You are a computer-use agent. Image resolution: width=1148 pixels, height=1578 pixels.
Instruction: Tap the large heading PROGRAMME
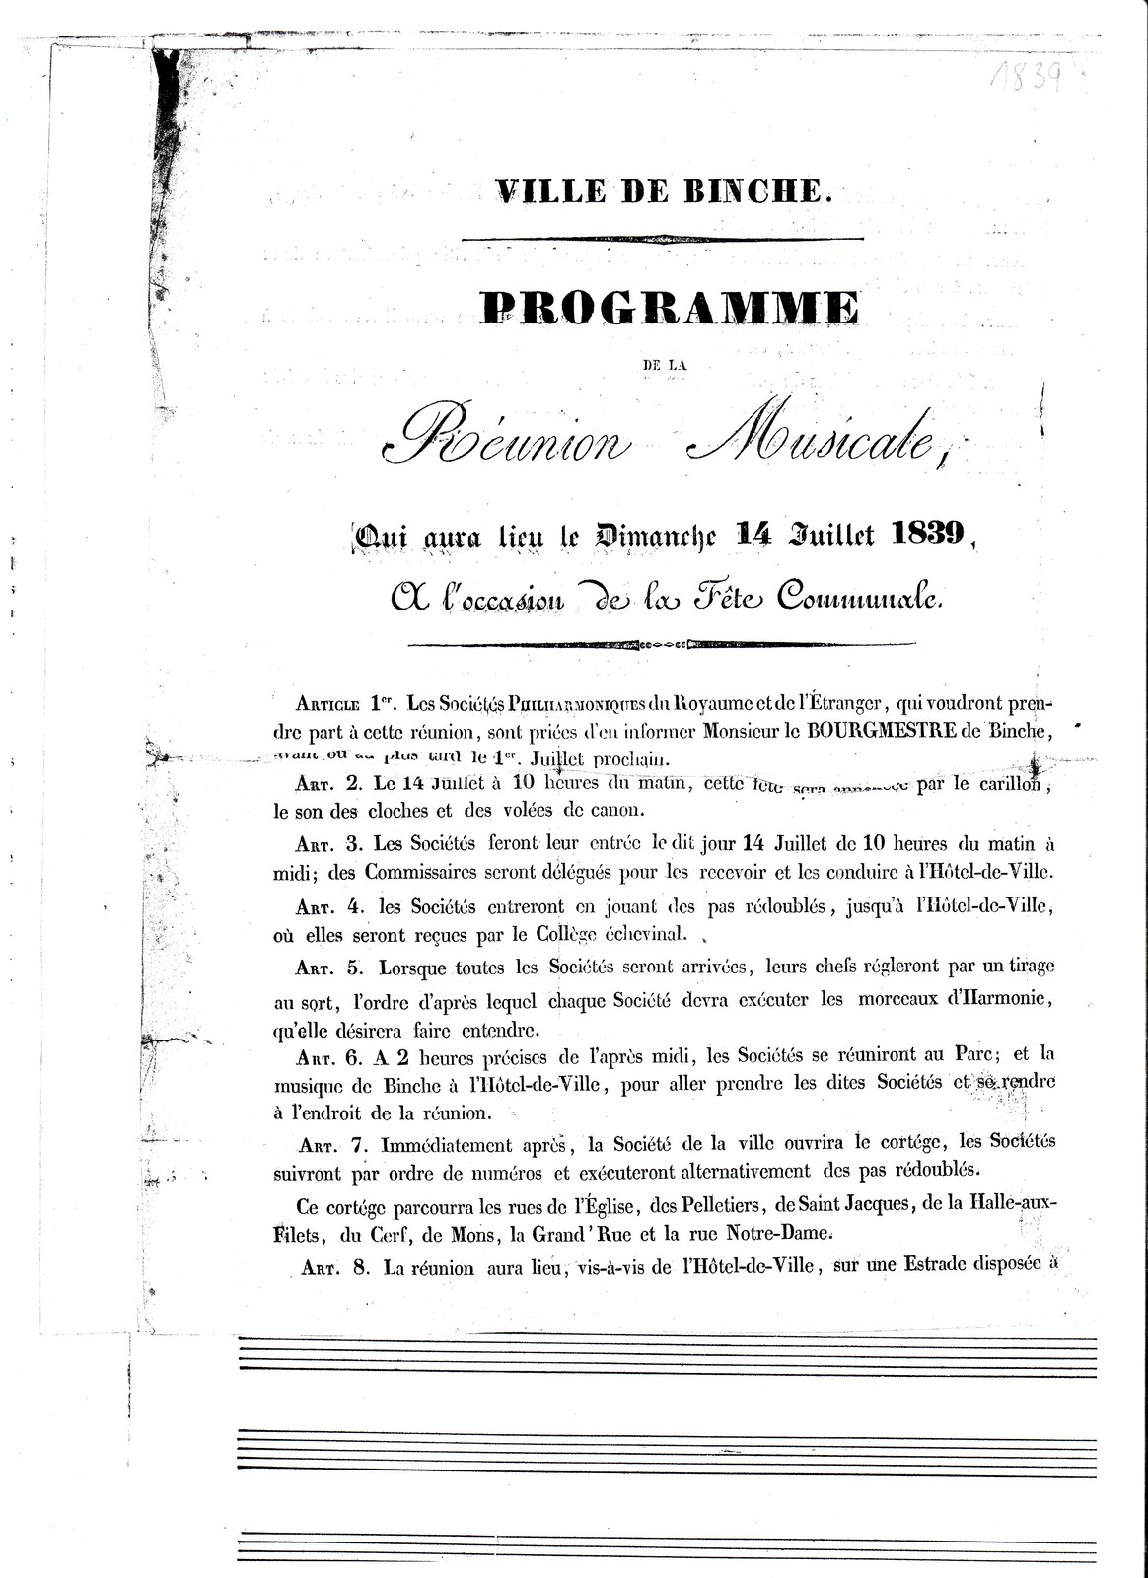point(670,308)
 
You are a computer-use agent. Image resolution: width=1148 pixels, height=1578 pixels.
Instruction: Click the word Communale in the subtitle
point(858,597)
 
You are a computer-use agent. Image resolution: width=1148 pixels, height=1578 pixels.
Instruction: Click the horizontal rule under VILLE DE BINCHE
point(662,238)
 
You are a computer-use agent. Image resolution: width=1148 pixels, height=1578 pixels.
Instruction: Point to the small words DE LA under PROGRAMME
point(663,365)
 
